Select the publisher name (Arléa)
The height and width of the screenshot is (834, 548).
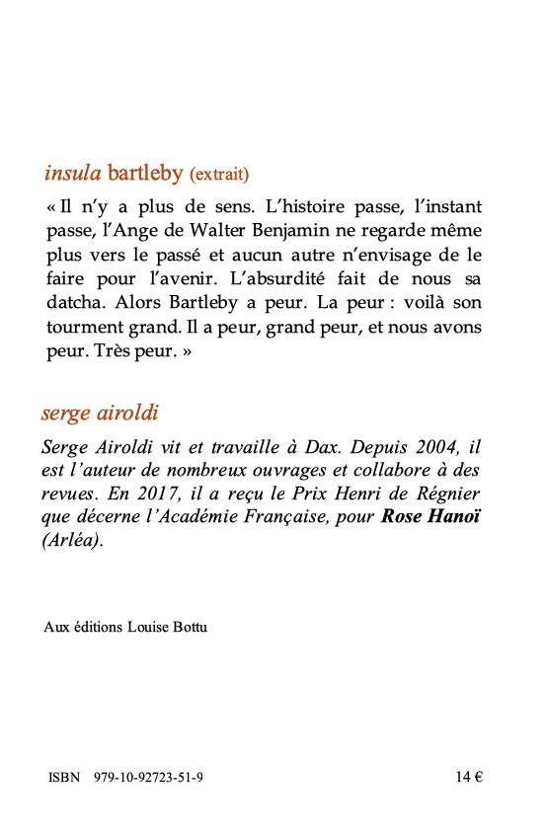[x=73, y=540]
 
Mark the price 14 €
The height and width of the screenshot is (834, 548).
[x=469, y=777]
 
